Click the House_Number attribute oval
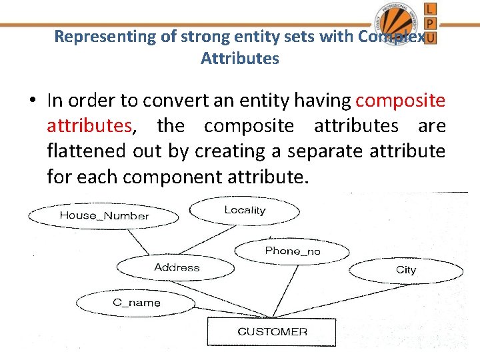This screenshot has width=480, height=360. tap(103, 215)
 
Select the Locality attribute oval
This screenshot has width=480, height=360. tap(245, 211)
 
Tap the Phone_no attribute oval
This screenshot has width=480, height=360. tap(292, 251)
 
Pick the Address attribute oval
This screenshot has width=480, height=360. tap(176, 268)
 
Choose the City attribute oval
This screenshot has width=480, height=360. tap(405, 270)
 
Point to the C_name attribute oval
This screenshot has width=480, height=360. tap(136, 303)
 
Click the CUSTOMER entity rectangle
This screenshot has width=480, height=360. tap(272, 331)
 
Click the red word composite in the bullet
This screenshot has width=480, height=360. tap(400, 101)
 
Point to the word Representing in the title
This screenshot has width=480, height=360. tap(105, 37)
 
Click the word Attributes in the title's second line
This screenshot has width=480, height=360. tap(239, 58)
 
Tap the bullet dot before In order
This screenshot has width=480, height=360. tap(32, 101)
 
